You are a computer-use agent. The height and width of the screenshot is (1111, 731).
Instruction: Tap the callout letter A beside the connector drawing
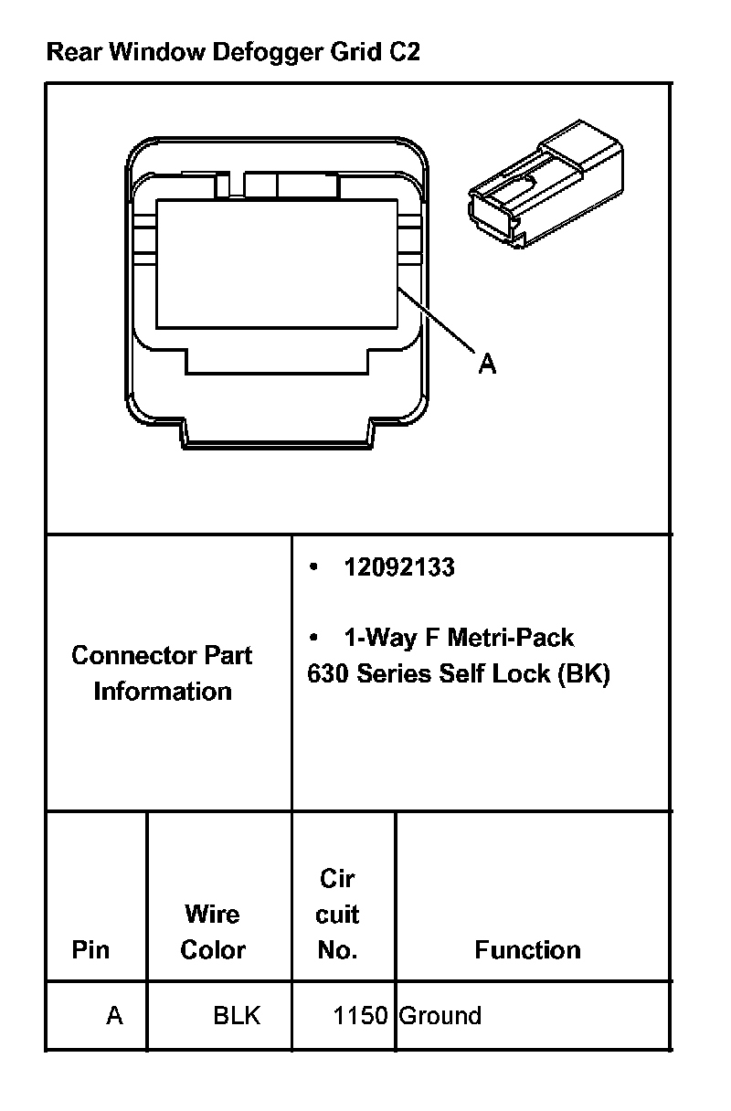click(488, 363)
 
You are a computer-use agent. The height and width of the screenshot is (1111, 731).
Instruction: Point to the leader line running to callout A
click(436, 321)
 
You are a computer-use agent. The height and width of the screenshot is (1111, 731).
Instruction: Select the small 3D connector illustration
click(546, 184)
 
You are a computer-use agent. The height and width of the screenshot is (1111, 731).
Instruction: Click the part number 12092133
click(399, 566)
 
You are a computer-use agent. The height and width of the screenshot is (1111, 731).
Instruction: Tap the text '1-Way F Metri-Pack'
click(460, 638)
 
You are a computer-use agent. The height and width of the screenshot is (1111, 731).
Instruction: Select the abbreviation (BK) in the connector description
click(584, 673)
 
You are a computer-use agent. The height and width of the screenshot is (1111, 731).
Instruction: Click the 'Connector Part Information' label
click(162, 673)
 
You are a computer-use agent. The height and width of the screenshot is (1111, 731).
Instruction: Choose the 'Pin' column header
click(90, 949)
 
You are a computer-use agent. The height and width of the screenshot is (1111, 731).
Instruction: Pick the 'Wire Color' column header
click(213, 931)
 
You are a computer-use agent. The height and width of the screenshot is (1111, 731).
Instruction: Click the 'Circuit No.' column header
click(337, 914)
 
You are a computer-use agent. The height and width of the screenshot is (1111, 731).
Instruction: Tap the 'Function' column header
click(527, 949)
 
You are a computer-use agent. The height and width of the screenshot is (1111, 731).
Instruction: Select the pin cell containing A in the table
click(114, 1015)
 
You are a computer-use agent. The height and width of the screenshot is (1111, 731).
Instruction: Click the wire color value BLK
click(237, 1015)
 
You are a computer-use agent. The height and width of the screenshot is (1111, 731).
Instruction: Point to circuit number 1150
click(361, 1015)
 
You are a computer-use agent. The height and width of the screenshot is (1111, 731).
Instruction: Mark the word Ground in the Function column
click(440, 1015)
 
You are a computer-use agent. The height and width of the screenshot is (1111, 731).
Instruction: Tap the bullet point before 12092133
click(313, 566)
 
